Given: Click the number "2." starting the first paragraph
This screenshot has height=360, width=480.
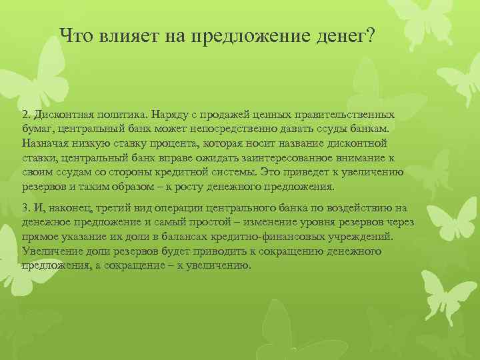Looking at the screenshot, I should [27, 115].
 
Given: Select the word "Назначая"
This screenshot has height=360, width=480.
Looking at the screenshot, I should [45, 143].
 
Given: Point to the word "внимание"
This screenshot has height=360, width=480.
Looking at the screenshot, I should [356, 158].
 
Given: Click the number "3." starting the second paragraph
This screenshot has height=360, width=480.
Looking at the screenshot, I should [27, 207].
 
